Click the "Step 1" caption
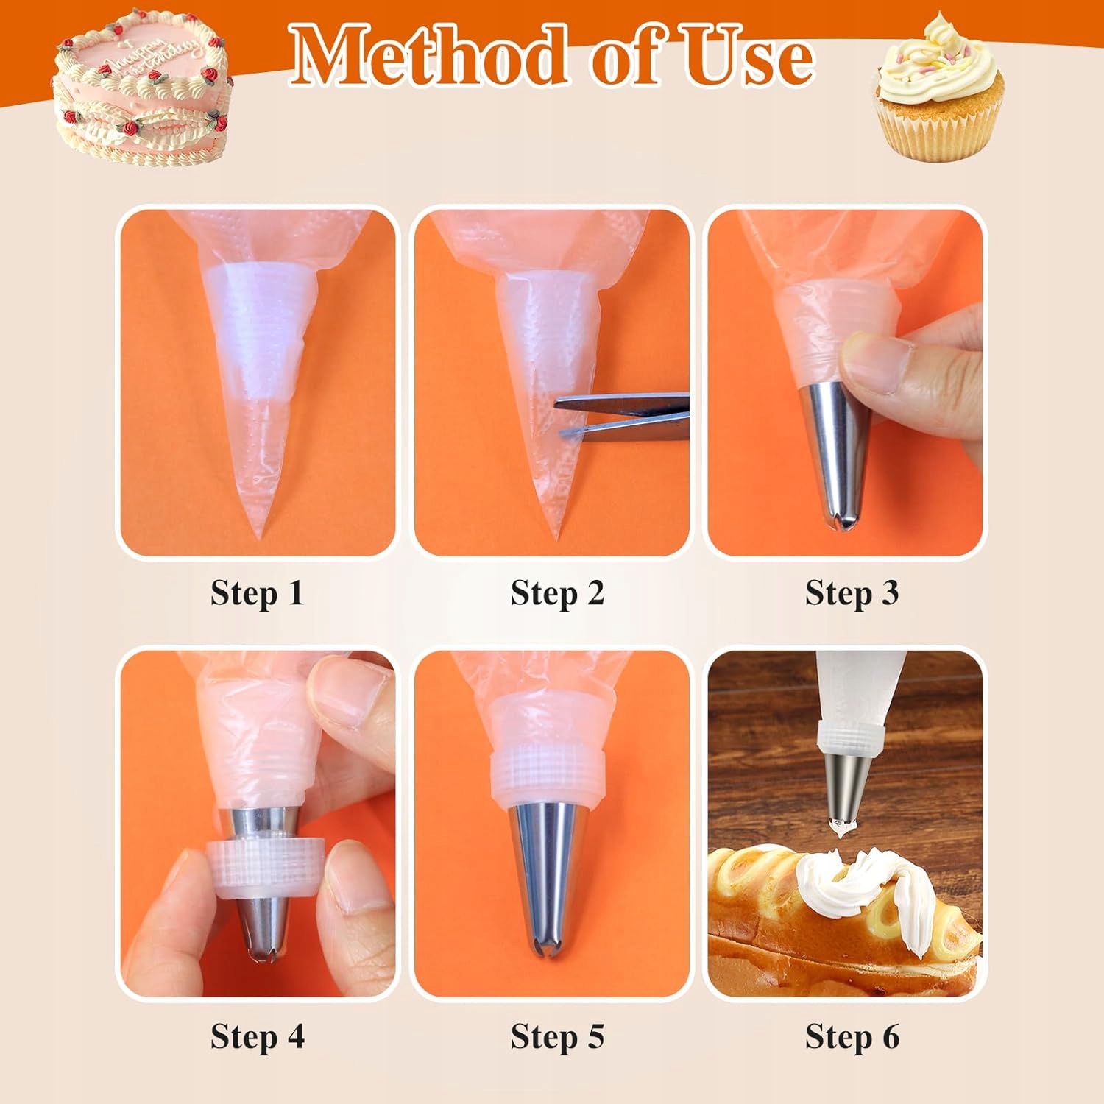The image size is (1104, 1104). click(257, 593)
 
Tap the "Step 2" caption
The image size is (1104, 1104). click(557, 593)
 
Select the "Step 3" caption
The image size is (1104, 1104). click(852, 593)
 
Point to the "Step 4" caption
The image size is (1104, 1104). click(257, 1036)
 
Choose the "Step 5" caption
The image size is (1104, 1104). click(557, 1036)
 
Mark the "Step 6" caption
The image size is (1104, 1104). click(852, 1036)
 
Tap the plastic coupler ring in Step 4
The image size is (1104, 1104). click(269, 869)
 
